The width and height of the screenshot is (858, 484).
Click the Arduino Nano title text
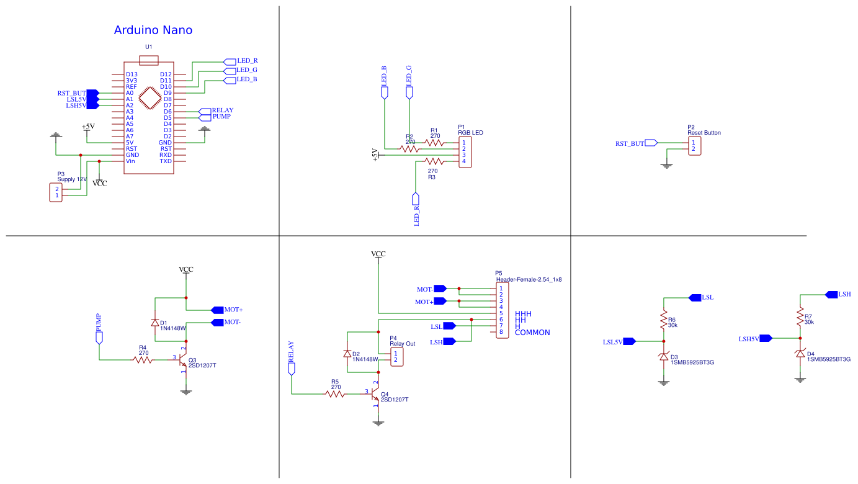153,30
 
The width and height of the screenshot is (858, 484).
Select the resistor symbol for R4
143,359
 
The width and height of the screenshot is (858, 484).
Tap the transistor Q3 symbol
182,360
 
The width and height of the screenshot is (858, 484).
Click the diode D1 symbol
154,323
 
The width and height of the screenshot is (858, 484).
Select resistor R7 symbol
800,318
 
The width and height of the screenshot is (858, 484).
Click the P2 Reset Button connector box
695,146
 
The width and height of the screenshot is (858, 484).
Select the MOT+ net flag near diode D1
217,310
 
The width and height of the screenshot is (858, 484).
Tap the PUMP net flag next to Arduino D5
205,117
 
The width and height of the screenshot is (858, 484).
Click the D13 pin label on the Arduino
131,74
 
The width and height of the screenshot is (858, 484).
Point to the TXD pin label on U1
166,161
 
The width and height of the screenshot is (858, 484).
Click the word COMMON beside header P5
532,333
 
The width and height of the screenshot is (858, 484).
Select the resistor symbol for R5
335,393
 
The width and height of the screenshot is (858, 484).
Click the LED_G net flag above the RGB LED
409,92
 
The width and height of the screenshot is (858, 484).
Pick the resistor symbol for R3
432,161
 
